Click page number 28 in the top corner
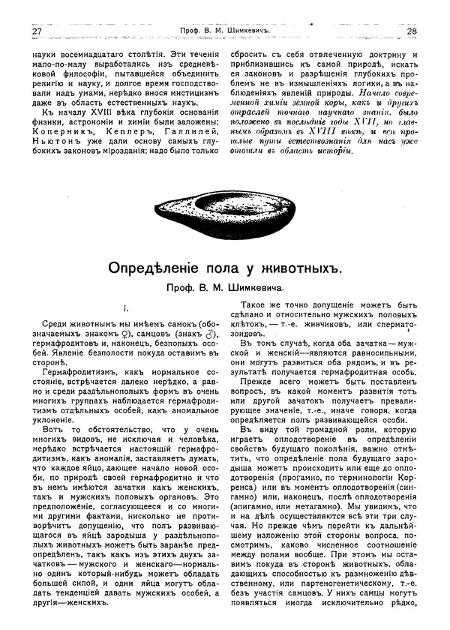pyautogui.click(x=412, y=31)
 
